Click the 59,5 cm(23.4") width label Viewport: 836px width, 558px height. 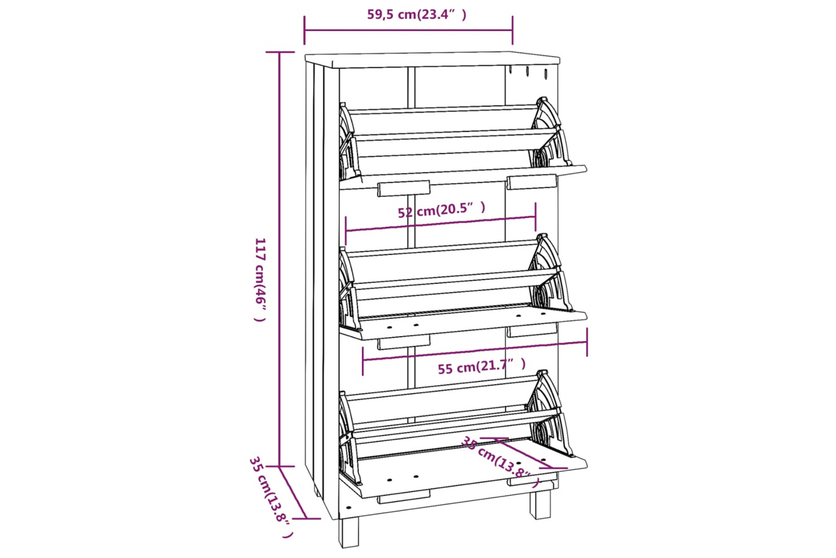point(417,15)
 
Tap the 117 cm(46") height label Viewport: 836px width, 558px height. point(260,280)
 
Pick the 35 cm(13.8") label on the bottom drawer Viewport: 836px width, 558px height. point(500,462)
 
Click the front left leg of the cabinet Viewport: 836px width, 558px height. point(348,532)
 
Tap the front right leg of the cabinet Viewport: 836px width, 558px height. point(541,505)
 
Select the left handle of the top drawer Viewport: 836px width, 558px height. point(404,189)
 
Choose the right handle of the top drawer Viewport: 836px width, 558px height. point(532,182)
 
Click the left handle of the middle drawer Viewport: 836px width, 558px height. point(404,343)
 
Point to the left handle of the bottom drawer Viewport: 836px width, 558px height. point(404,497)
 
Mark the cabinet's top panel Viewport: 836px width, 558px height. point(432,60)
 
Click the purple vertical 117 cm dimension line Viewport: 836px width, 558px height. point(279,259)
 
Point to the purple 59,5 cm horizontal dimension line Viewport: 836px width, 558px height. point(409,30)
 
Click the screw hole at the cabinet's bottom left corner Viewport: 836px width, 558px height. point(349,508)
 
